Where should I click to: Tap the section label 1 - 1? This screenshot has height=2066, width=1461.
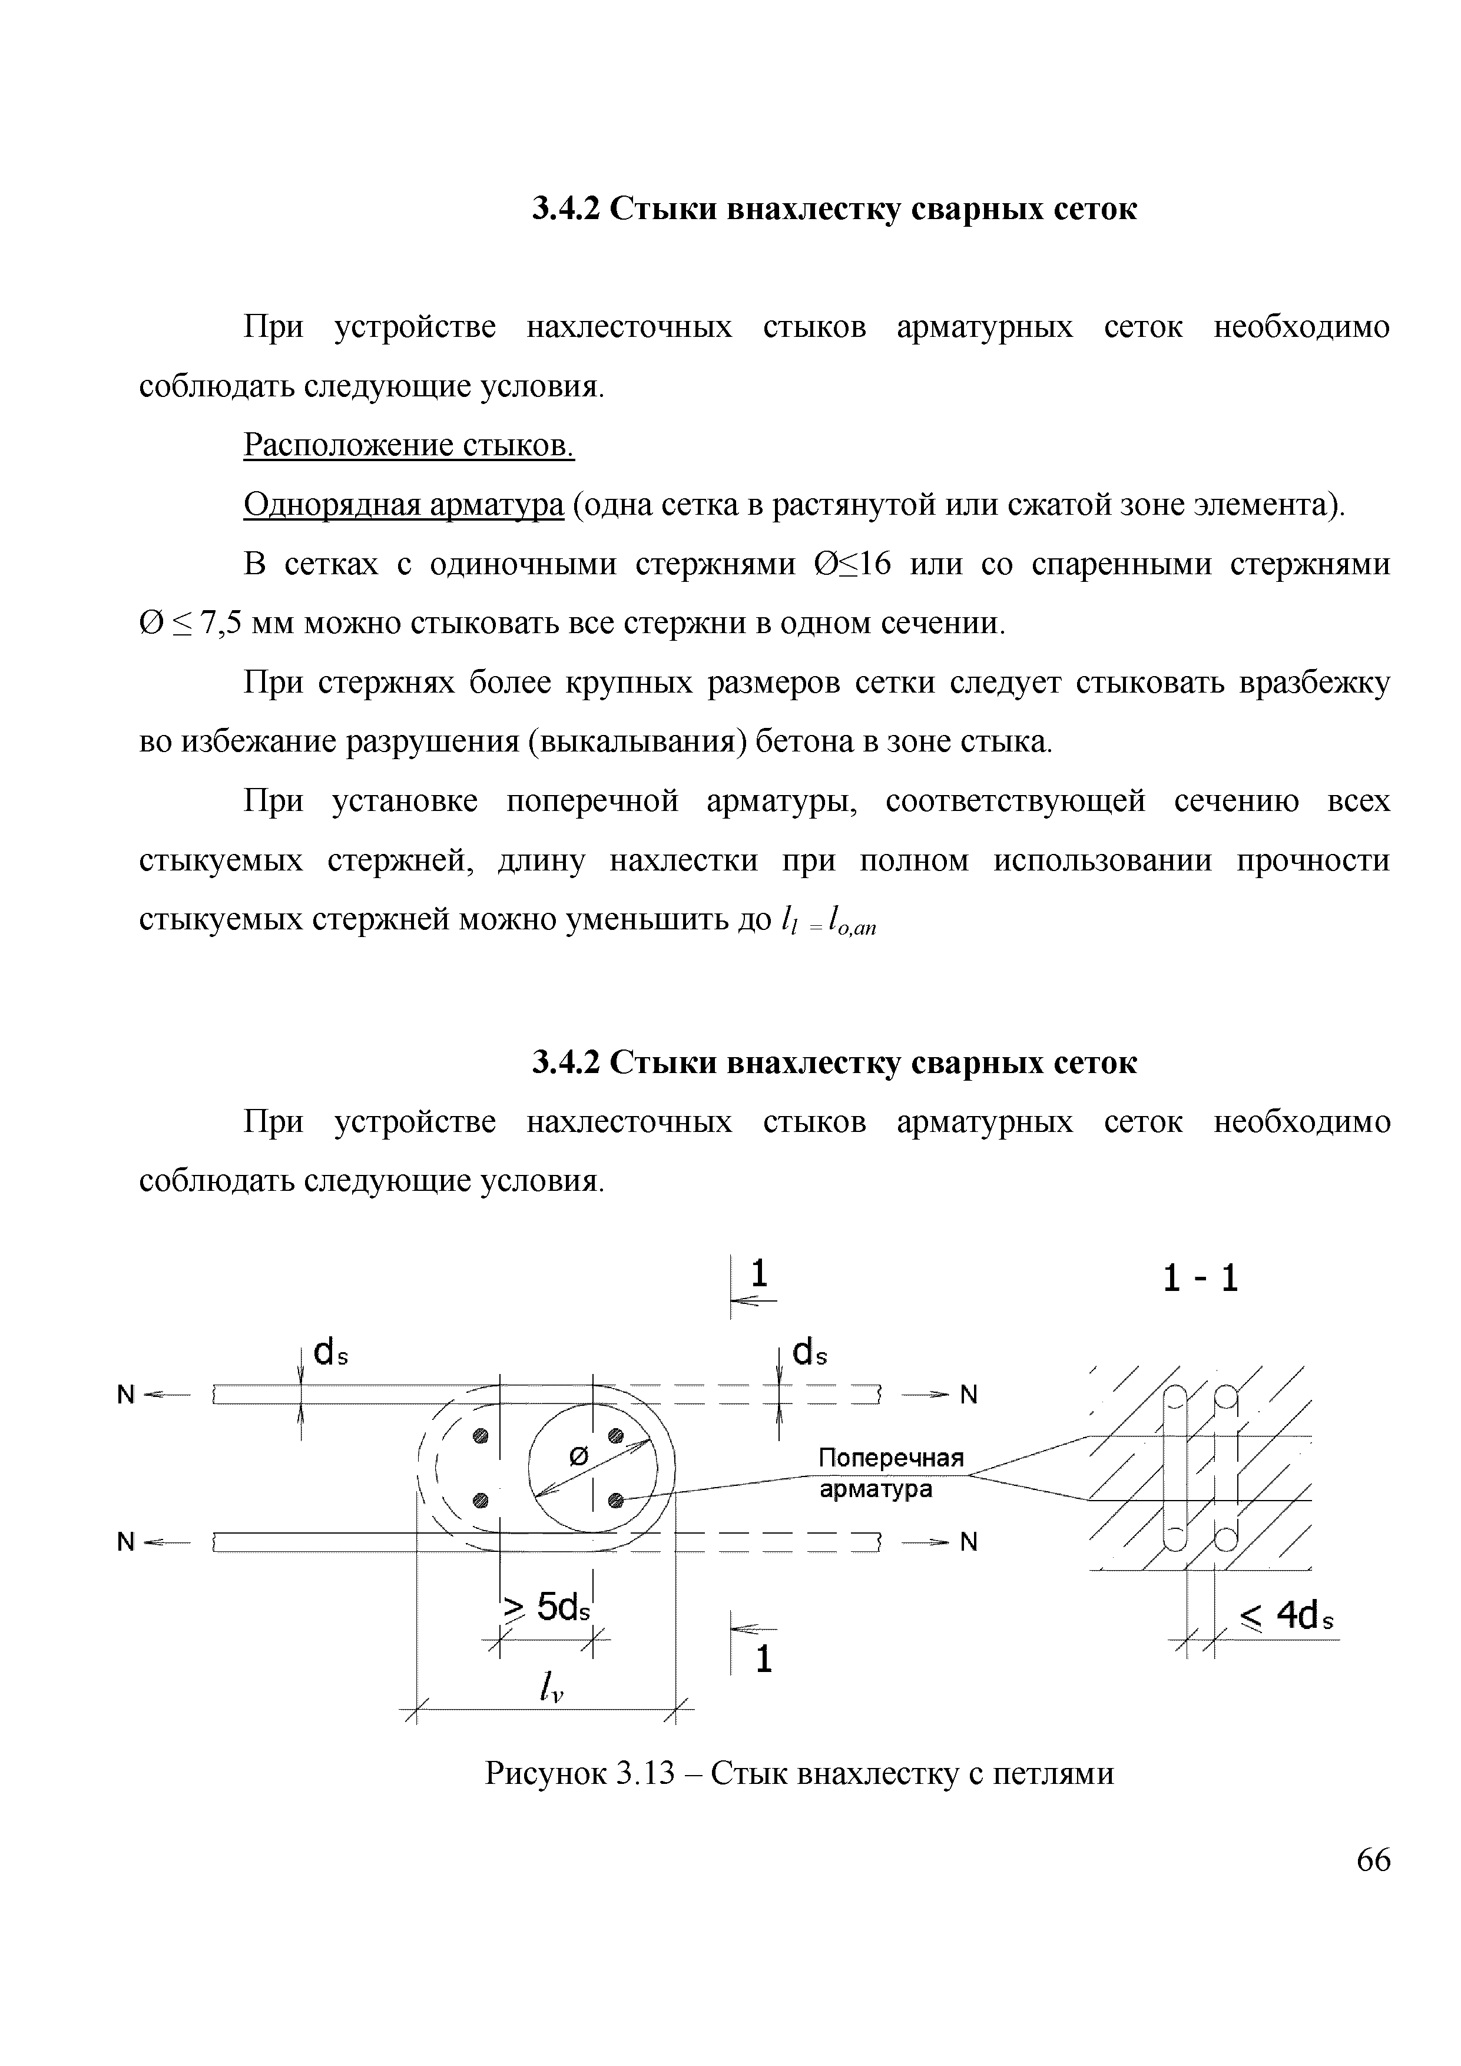(1200, 1279)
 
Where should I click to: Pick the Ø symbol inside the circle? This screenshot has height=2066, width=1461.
(579, 1457)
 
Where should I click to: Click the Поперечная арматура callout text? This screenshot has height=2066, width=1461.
(890, 1473)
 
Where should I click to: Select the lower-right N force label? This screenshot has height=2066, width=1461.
(968, 1542)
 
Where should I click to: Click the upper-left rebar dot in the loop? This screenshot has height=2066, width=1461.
(481, 1436)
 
